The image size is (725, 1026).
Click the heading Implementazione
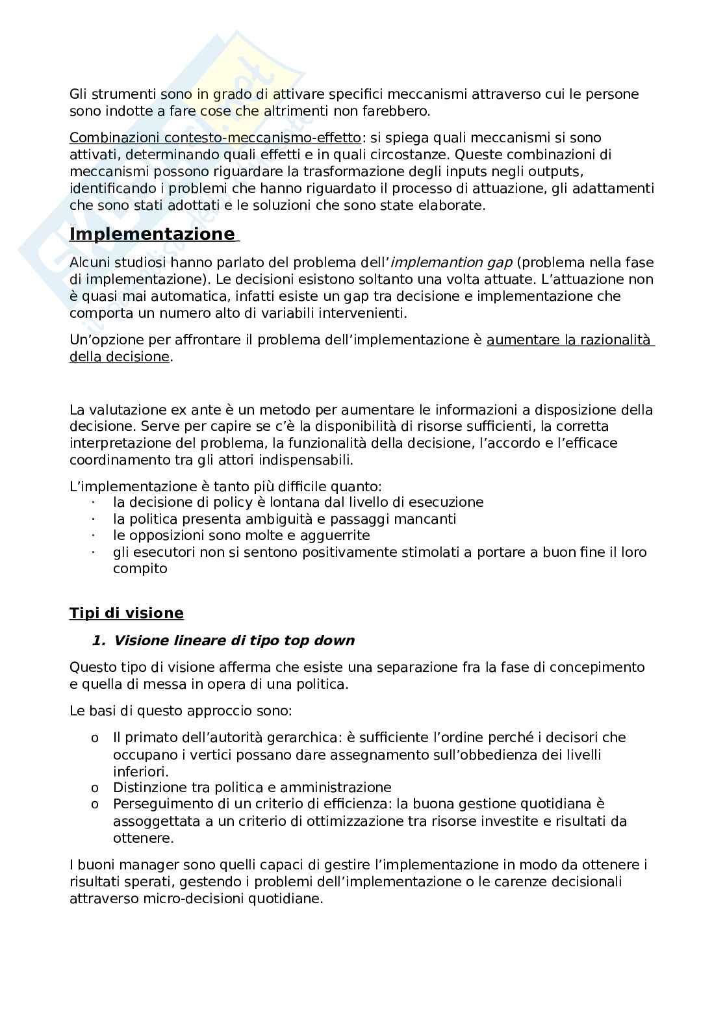click(x=152, y=234)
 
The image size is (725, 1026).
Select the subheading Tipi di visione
click(x=126, y=613)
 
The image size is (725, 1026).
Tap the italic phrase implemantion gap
click(x=453, y=263)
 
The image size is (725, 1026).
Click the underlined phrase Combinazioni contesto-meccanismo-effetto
click(x=215, y=138)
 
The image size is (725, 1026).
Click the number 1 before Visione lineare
click(x=98, y=641)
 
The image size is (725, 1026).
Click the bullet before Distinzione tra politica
click(x=95, y=788)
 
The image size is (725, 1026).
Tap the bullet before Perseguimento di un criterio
click(x=95, y=805)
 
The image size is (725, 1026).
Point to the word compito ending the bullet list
click(x=140, y=569)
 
